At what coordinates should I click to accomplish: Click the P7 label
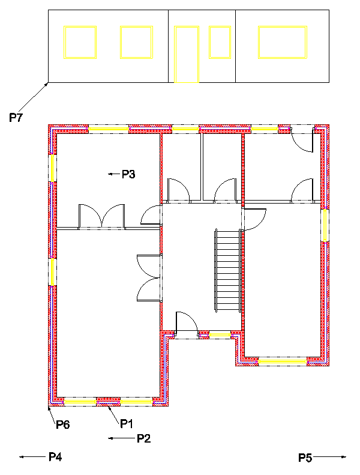(x=16, y=118)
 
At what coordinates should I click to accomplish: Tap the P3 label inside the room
(x=128, y=175)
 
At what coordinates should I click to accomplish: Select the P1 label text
(x=126, y=424)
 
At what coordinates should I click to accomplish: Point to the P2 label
(x=143, y=438)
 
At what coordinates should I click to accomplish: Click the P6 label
(x=63, y=425)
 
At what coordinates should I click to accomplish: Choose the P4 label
(x=55, y=458)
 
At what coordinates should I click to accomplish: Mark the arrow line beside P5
(x=329, y=458)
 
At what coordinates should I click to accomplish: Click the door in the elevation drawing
(x=186, y=54)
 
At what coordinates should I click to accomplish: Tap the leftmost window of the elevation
(x=80, y=42)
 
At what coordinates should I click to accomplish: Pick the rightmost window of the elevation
(x=283, y=42)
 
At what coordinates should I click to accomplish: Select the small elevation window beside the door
(x=220, y=42)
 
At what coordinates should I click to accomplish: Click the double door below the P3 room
(x=102, y=216)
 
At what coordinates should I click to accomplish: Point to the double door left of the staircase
(x=149, y=277)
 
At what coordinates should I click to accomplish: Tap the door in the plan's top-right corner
(x=302, y=142)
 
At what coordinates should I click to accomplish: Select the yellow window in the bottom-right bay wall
(x=282, y=362)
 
